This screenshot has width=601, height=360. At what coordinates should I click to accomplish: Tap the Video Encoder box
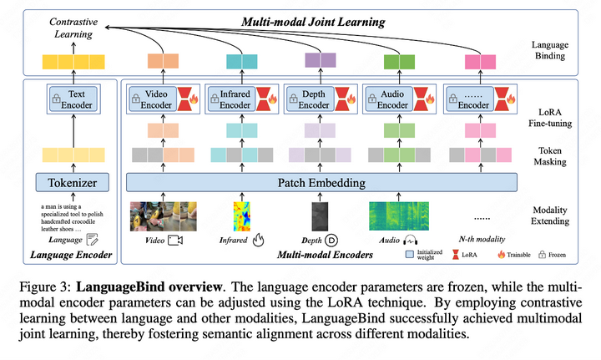(151, 100)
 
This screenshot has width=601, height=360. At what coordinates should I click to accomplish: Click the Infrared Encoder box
(230, 100)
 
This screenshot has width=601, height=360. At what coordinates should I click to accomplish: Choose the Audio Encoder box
(388, 100)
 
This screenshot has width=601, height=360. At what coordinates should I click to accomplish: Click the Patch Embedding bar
(321, 182)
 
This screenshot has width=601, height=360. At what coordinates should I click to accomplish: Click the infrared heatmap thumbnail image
(242, 215)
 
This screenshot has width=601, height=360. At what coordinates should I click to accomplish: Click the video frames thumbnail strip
(163, 215)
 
